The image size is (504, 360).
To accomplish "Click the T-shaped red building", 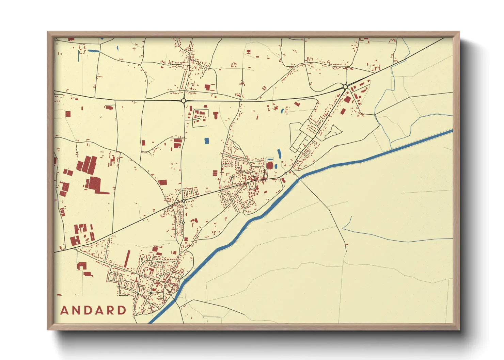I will click(x=216, y=115).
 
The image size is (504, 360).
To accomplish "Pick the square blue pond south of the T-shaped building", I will click(x=206, y=140).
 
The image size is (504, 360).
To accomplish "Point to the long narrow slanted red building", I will click(x=127, y=259).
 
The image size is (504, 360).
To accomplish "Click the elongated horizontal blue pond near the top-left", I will click(x=93, y=51).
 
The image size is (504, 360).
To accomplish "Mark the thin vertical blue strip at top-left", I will click(x=79, y=56).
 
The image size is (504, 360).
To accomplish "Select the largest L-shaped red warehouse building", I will click(x=97, y=185).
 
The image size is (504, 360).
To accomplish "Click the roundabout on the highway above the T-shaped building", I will click(x=184, y=100).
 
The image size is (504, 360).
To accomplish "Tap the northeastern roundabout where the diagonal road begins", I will click(x=345, y=87).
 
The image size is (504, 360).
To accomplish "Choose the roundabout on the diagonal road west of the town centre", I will click(x=184, y=201).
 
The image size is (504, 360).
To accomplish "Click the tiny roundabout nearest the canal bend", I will click(x=285, y=174).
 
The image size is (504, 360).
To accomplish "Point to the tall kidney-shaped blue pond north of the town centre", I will click(x=279, y=153).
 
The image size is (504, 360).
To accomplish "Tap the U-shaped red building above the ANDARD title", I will click(x=82, y=266).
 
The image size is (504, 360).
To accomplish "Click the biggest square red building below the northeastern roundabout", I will click(x=347, y=99).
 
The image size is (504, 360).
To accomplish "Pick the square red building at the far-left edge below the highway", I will click(x=68, y=114).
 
